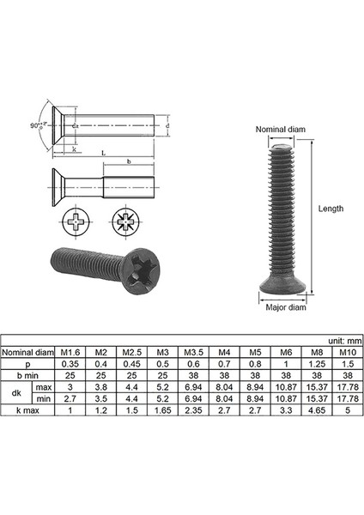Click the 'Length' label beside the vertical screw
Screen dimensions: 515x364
click(330, 209)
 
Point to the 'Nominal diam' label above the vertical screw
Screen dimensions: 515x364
click(279, 130)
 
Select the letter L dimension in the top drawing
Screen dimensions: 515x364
click(103, 152)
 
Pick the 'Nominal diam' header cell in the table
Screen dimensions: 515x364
click(29, 352)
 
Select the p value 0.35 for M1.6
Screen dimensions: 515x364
click(70, 364)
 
